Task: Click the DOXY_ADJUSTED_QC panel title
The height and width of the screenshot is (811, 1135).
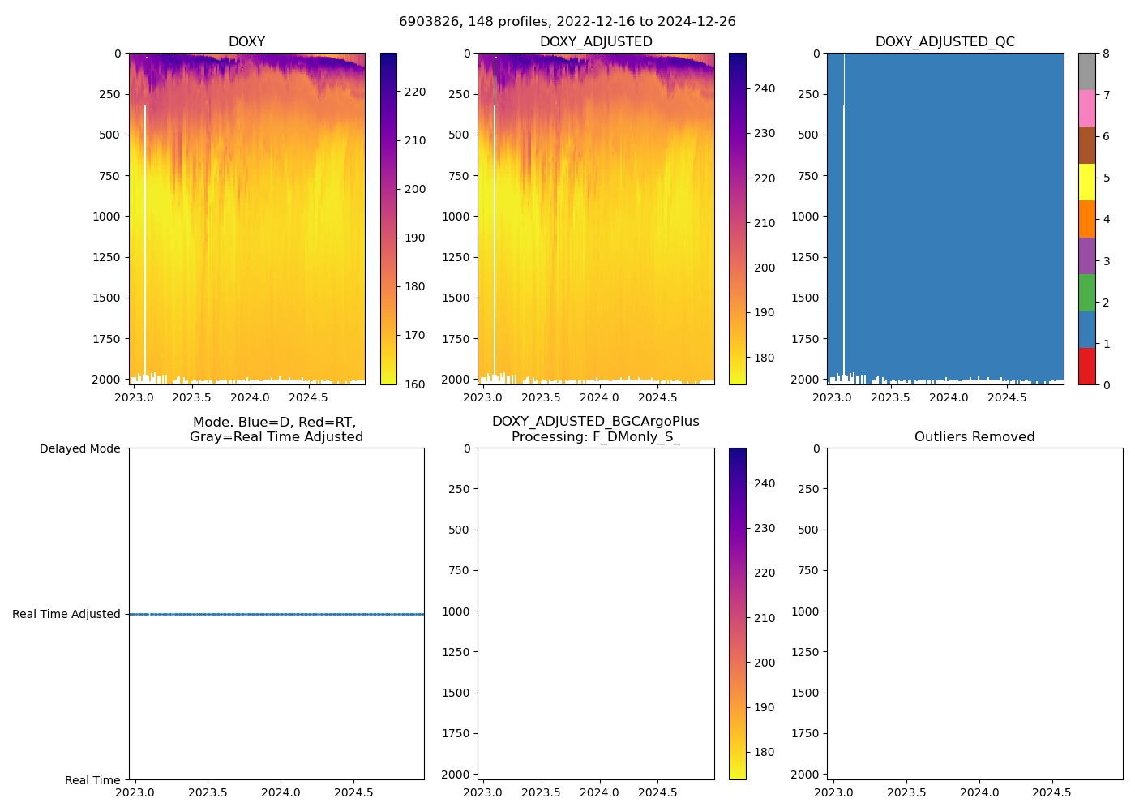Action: click(944, 42)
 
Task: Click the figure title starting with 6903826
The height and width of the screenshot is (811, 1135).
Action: click(567, 22)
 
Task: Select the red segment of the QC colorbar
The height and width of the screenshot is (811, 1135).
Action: click(1086, 366)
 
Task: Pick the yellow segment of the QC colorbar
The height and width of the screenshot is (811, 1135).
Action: click(1086, 182)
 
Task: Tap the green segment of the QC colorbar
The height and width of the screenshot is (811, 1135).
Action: click(1086, 293)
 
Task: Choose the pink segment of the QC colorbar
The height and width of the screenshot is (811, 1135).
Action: click(1086, 108)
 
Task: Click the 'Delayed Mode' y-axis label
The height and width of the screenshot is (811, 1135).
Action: click(79, 448)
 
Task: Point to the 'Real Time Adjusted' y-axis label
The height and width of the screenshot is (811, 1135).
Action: click(66, 614)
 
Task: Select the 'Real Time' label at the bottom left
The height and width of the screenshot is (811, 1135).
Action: click(92, 780)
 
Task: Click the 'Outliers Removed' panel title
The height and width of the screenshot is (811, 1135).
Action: click(974, 437)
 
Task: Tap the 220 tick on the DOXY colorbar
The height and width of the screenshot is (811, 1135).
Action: click(415, 92)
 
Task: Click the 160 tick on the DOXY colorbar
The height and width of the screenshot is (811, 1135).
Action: click(415, 384)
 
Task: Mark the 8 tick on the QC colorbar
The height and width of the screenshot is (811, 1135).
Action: click(1106, 54)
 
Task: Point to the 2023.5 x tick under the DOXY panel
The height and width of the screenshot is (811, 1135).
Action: click(191, 397)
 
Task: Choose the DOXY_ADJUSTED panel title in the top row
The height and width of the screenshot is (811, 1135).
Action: click(596, 42)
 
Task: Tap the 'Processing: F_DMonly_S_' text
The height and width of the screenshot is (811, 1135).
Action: click(595, 437)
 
